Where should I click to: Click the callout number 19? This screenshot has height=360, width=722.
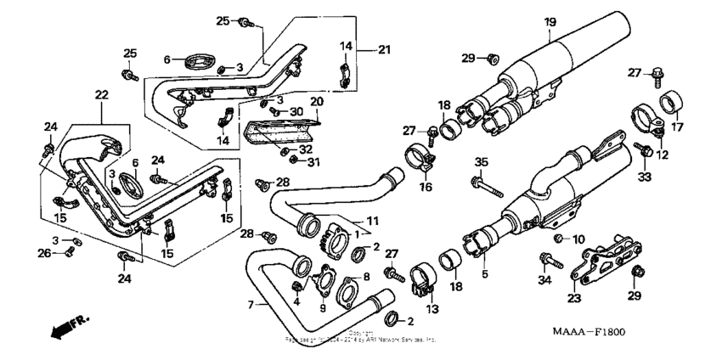coord(550,21)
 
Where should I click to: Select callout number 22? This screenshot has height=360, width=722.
coord(101,94)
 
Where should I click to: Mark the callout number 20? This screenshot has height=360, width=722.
coord(317,101)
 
